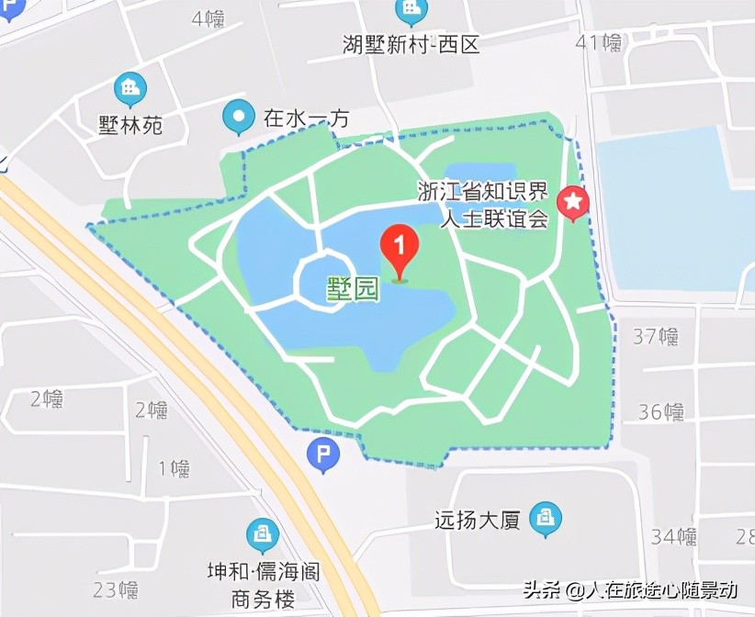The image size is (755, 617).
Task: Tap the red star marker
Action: pyautogui.click(x=575, y=203)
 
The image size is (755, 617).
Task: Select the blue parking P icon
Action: pyautogui.click(x=322, y=454)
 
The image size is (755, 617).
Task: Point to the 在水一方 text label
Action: pyautogui.click(x=307, y=118)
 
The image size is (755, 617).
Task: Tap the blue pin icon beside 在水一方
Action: pyautogui.click(x=240, y=117)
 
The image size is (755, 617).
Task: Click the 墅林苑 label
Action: pyautogui.click(x=130, y=125)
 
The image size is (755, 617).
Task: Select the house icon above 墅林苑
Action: pyautogui.click(x=130, y=89)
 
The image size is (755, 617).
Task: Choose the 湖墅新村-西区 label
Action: pyautogui.click(x=411, y=43)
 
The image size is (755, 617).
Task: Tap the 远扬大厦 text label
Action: pyautogui.click(x=478, y=521)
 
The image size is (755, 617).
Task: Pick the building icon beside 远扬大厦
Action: pyautogui.click(x=547, y=516)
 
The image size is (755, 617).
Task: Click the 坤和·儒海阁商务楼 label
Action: pyautogui.click(x=263, y=586)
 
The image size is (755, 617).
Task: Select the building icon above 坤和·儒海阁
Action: pyautogui.click(x=263, y=535)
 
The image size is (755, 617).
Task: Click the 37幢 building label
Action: pyautogui.click(x=656, y=337)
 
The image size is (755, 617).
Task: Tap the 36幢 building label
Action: pyautogui.click(x=661, y=411)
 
